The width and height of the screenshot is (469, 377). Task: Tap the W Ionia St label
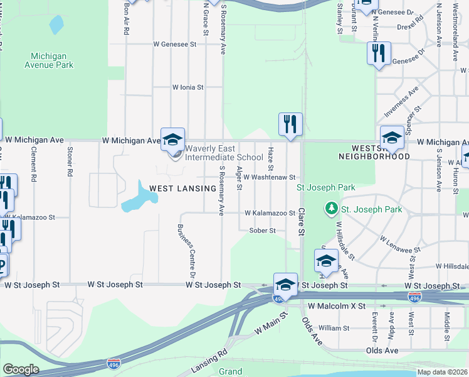[x=188, y=87]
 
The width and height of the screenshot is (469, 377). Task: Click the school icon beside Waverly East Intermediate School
[x=173, y=140]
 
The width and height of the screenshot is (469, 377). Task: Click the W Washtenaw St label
[x=270, y=178]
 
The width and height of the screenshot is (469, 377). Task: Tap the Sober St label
[x=263, y=231]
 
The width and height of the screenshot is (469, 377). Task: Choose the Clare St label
[x=302, y=222]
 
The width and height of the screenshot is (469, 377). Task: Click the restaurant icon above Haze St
[x=290, y=124]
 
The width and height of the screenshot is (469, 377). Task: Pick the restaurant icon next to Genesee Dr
[x=379, y=53]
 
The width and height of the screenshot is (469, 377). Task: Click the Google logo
[x=21, y=369]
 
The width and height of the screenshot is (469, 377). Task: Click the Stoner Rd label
[x=69, y=161]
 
